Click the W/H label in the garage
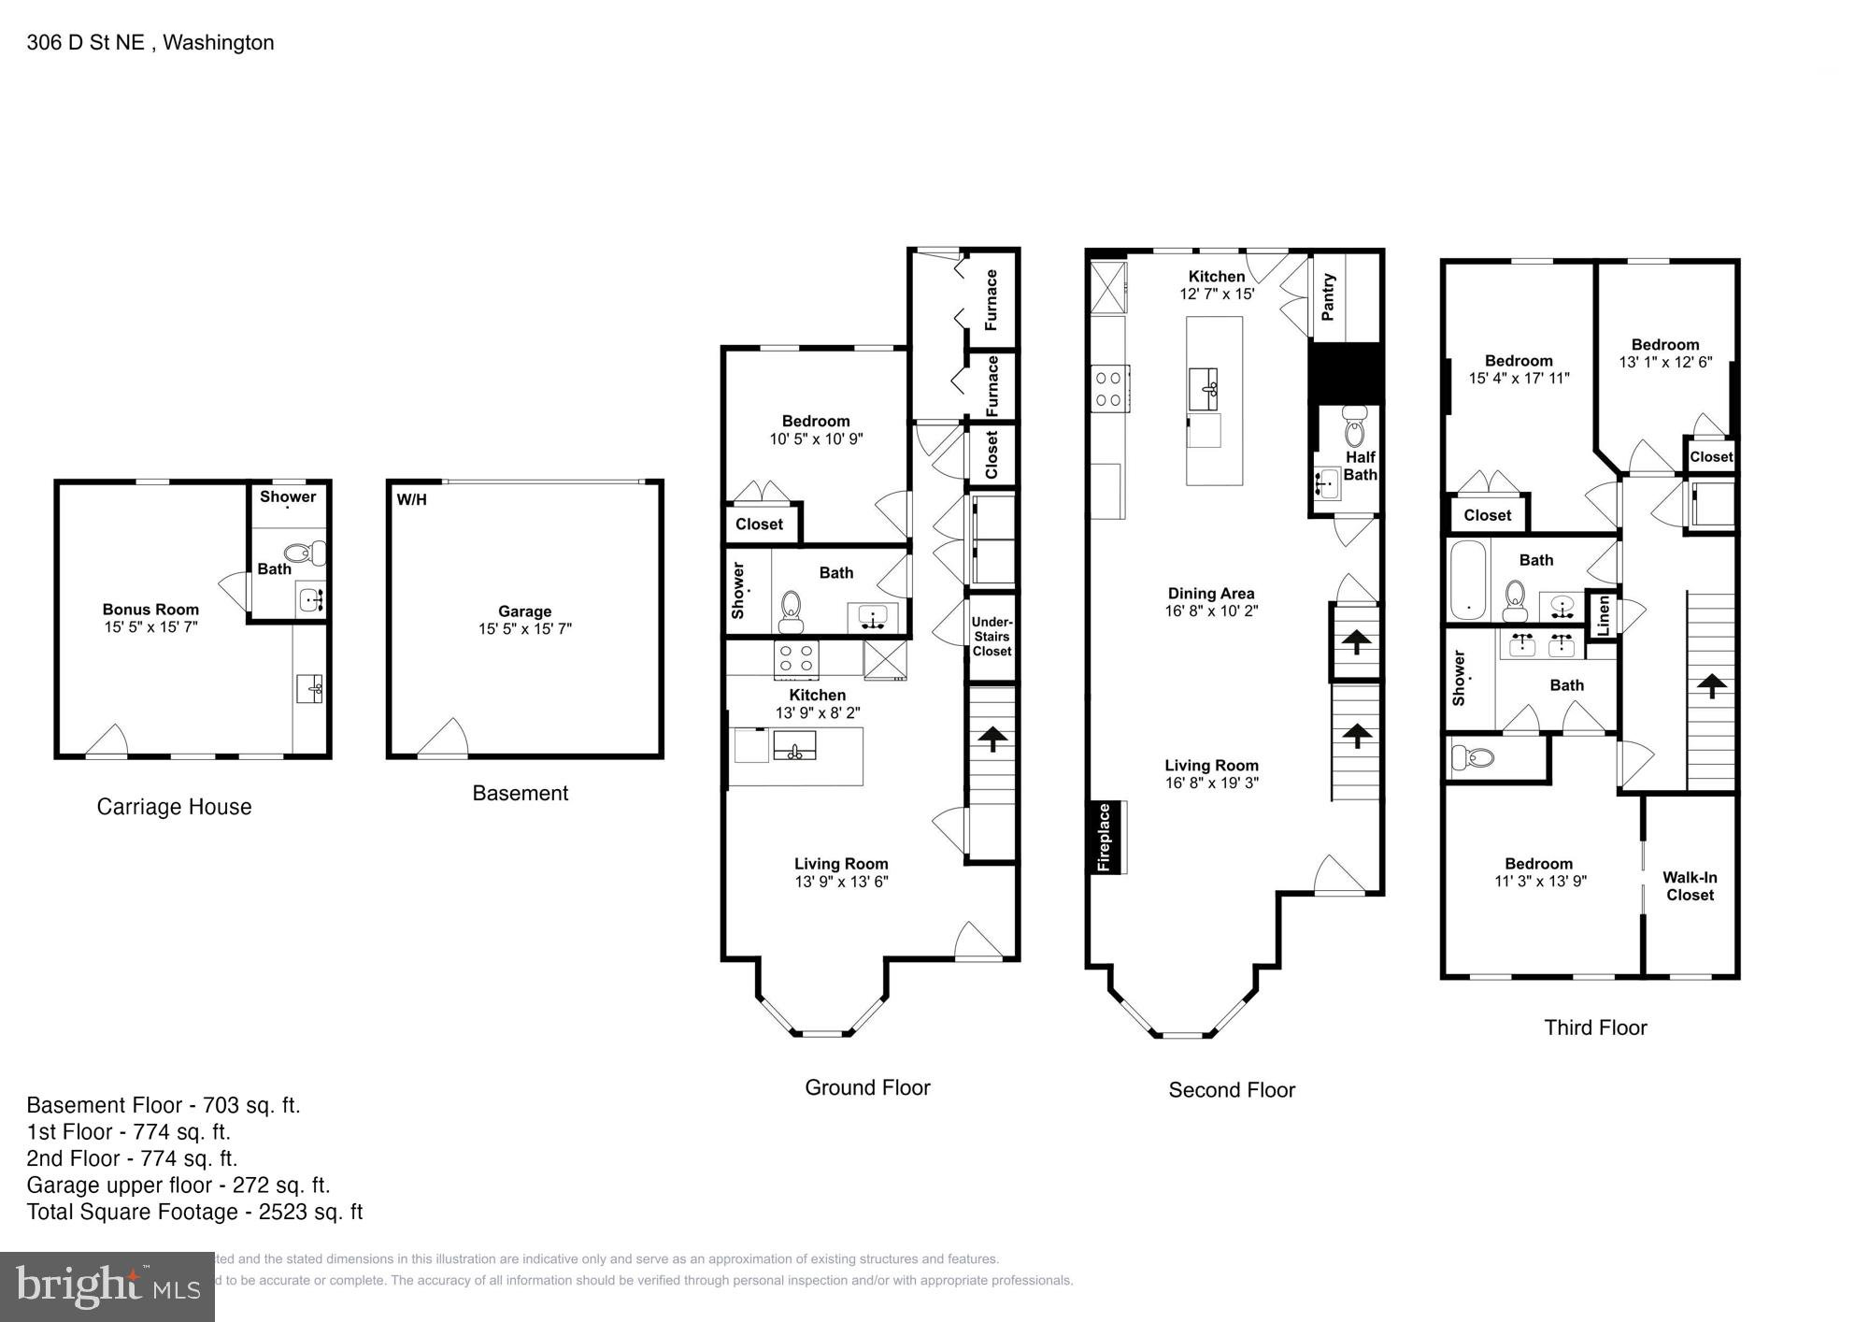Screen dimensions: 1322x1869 [x=411, y=499]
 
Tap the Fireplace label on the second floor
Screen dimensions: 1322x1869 [x=1104, y=837]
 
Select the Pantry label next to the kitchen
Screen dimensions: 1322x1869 [x=1328, y=296]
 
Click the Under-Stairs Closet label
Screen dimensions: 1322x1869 [x=992, y=637]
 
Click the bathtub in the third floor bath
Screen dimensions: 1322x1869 [x=1467, y=580]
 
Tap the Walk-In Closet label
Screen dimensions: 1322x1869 [x=1690, y=885]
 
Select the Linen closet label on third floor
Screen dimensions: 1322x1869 [x=1604, y=616]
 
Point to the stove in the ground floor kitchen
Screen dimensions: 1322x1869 [x=796, y=658]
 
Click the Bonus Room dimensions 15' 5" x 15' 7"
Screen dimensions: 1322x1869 [x=150, y=627]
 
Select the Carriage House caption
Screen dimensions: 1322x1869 [x=174, y=807]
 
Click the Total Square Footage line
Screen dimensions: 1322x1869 [x=194, y=1212]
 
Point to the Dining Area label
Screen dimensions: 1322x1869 [x=1210, y=593]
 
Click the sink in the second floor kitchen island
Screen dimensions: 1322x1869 [x=1204, y=389]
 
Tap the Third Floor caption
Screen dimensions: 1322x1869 [x=1595, y=1027]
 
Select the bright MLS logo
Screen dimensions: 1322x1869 [x=107, y=1286]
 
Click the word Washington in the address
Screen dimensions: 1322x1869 [x=218, y=42]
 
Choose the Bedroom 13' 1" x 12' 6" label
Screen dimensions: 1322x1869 [x=1664, y=352]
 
